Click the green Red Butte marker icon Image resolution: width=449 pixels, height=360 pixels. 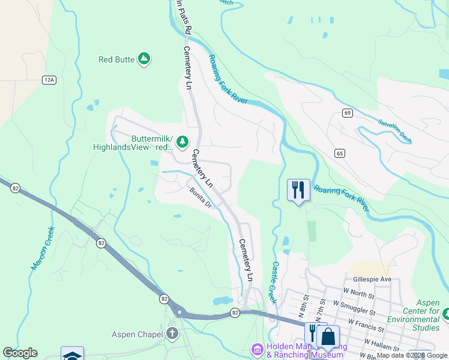(x=143, y=59)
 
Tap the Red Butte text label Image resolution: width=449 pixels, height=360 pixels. (x=116, y=59)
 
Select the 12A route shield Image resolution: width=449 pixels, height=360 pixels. (x=49, y=79)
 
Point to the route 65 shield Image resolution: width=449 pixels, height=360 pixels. (x=340, y=154)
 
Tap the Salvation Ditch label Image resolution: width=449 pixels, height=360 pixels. (x=395, y=131)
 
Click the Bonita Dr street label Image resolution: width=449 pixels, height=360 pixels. (x=201, y=198)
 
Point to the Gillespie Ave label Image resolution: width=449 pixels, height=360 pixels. (x=372, y=279)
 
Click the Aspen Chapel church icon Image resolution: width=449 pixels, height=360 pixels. (x=172, y=334)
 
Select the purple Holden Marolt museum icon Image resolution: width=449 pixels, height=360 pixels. (x=257, y=349)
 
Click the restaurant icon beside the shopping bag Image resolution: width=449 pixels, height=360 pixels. (x=312, y=333)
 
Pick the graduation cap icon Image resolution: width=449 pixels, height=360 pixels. (x=72, y=355)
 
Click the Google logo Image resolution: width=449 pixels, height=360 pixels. (x=20, y=353)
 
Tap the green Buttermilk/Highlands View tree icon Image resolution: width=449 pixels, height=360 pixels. (x=182, y=142)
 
